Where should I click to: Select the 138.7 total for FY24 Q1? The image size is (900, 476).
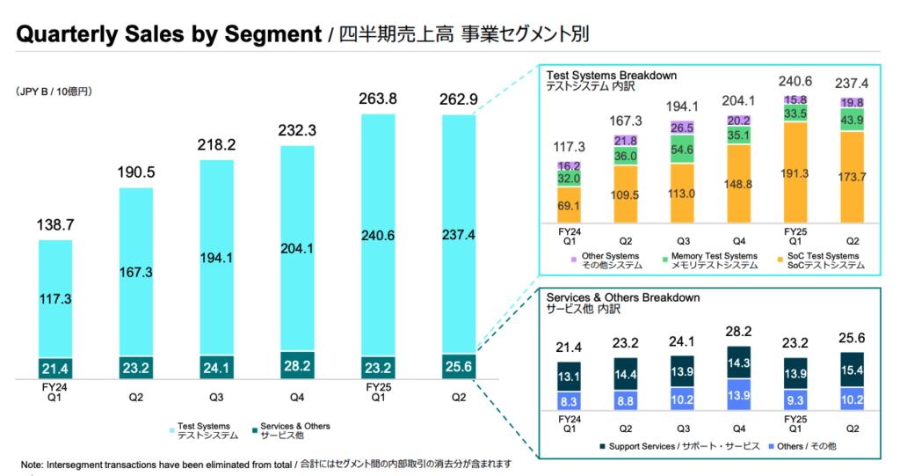click(x=55, y=226)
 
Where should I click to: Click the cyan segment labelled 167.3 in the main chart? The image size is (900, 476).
click(x=136, y=273)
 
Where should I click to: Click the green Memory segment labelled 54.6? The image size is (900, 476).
click(x=681, y=150)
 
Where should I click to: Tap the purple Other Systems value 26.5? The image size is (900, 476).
click(x=681, y=128)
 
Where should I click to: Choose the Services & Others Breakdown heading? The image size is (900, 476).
click(x=623, y=297)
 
